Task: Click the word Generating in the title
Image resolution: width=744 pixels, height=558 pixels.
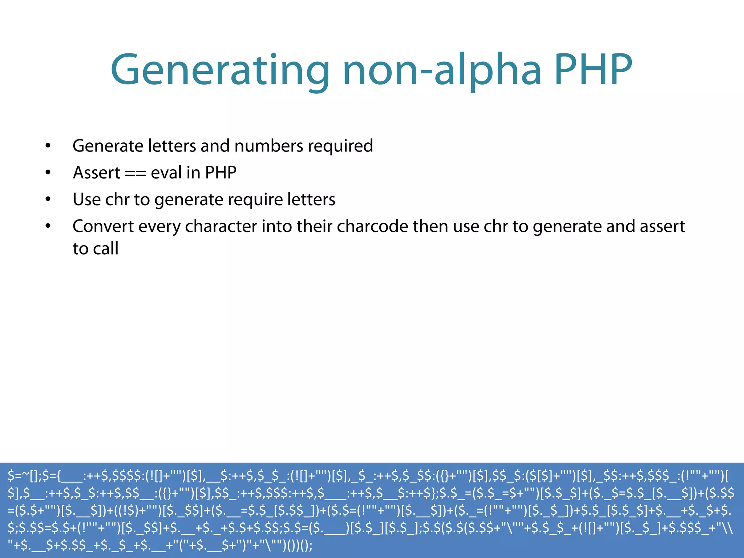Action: point(220,71)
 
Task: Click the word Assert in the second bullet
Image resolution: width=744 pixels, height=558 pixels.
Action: point(96,173)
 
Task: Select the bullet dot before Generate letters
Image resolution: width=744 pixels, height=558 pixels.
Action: point(48,146)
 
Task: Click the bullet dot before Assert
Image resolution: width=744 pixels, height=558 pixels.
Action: point(48,173)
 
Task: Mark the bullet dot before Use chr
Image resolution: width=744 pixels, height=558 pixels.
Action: point(48,199)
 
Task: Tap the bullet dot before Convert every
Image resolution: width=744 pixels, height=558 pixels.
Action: point(48,226)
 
